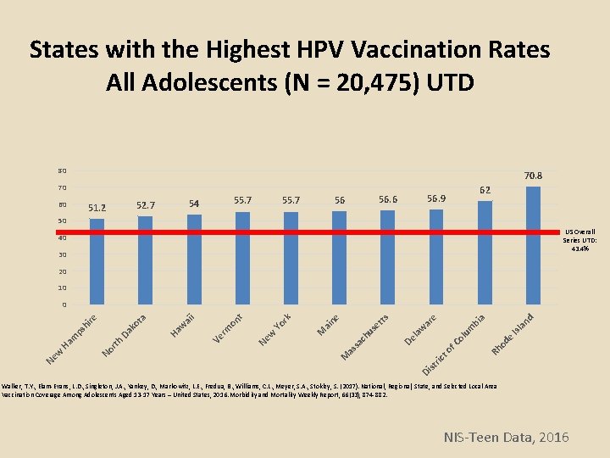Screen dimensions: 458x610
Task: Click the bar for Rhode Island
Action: (x=533, y=246)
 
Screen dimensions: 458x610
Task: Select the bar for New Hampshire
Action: (x=97, y=262)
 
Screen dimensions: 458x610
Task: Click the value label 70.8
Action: (x=533, y=176)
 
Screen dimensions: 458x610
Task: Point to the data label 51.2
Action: (x=97, y=207)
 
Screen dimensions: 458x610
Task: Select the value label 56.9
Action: (x=436, y=198)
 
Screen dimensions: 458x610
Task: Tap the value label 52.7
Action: (x=145, y=205)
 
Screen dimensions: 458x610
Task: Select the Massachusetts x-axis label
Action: (x=365, y=336)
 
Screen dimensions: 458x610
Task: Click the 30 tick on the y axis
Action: (x=61, y=254)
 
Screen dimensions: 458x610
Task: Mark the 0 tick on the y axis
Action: (x=63, y=305)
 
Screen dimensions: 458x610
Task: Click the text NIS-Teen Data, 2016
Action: (x=507, y=437)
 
